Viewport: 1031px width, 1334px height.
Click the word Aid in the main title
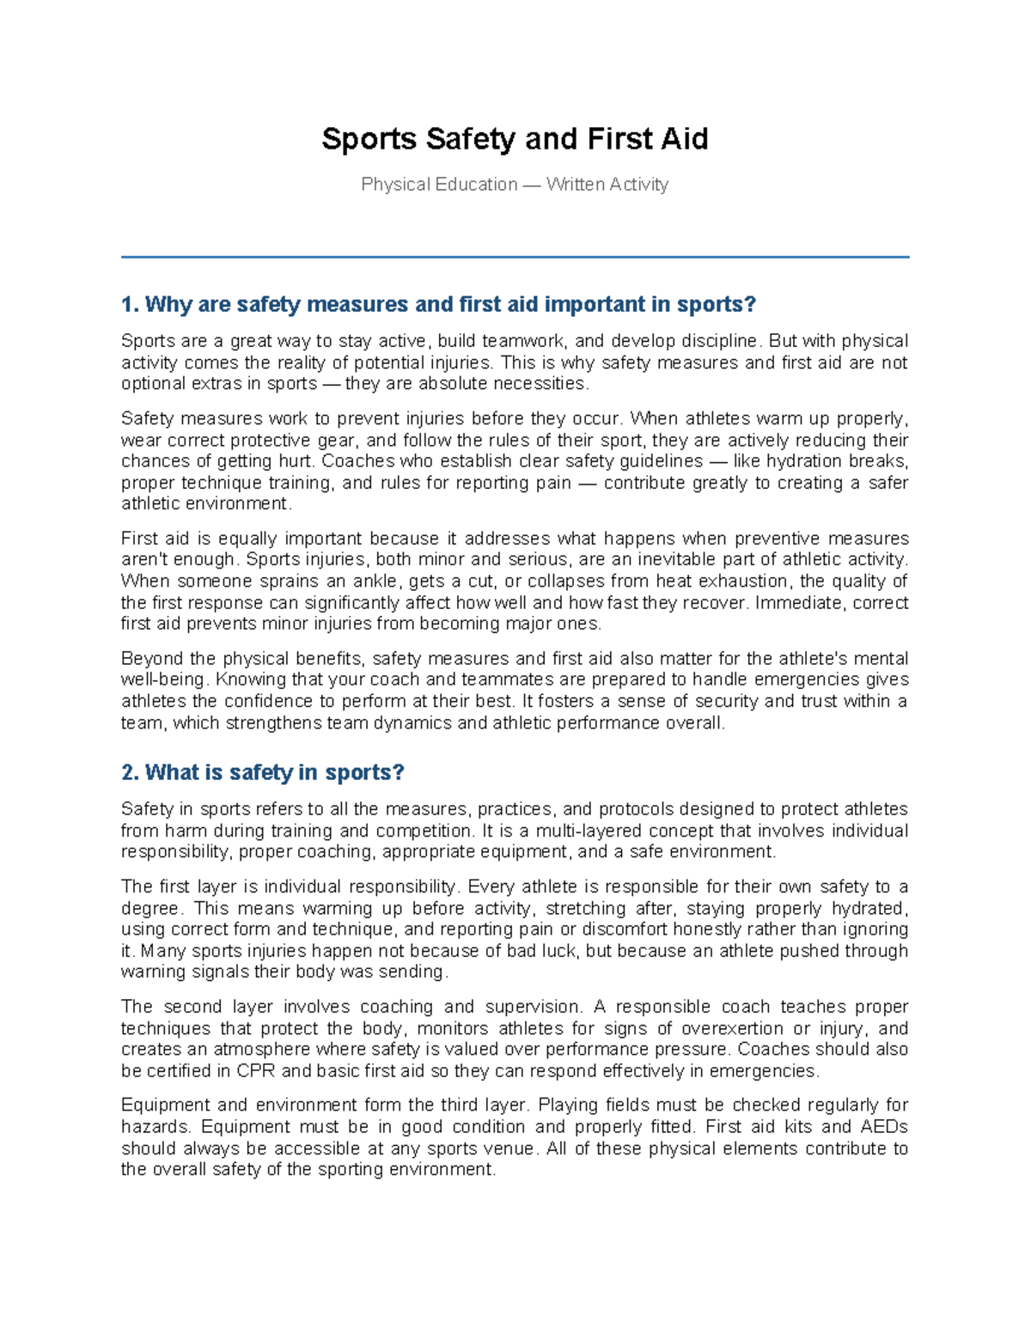click(x=684, y=139)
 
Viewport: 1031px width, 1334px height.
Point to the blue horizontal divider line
click(x=515, y=256)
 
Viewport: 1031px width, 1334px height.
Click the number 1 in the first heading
click(x=128, y=305)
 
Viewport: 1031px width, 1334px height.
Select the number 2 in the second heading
click(x=128, y=773)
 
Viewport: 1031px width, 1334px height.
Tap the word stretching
click(x=586, y=908)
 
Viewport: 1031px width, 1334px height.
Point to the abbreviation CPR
click(x=256, y=1071)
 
